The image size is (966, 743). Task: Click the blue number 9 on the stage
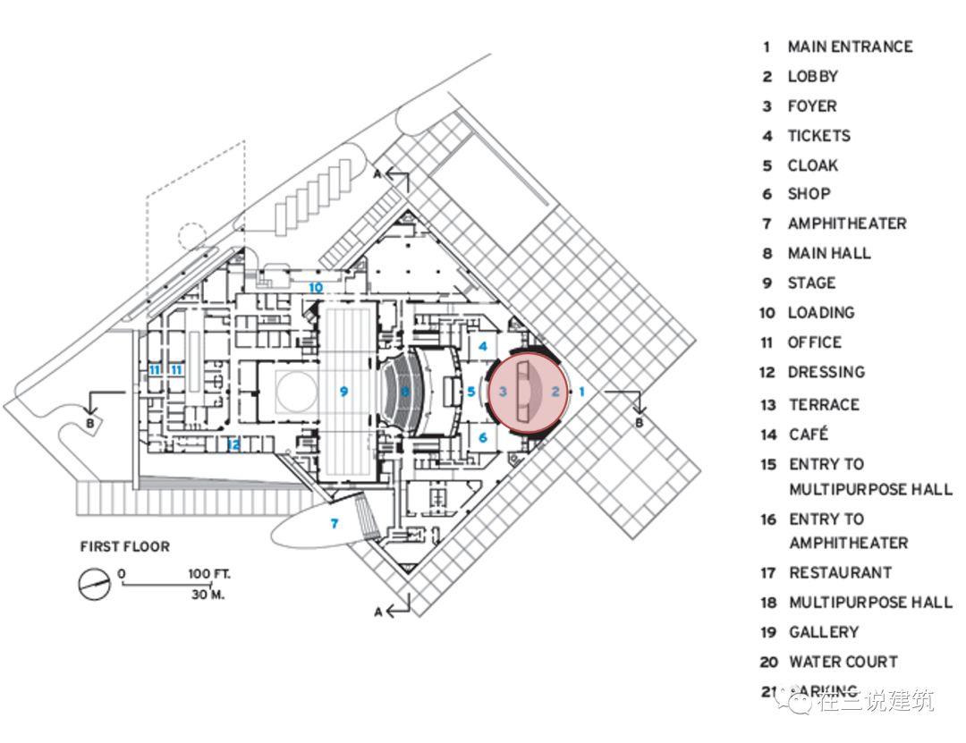point(343,391)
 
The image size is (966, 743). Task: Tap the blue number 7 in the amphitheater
point(335,523)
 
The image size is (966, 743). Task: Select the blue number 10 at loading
point(316,287)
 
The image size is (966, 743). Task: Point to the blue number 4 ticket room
point(483,345)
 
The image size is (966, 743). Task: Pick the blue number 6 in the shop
point(483,437)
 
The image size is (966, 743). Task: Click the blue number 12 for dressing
point(234,444)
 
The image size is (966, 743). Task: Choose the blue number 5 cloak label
point(471,391)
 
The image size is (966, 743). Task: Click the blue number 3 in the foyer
point(503,391)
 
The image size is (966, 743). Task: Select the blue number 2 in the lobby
point(555,391)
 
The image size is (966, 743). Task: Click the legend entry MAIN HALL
point(828,253)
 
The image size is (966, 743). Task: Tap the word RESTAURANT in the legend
point(840,572)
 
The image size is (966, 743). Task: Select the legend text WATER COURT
point(843,662)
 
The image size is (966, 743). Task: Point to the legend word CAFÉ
point(808,435)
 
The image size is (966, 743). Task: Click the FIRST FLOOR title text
point(124,546)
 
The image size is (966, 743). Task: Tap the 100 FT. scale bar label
point(208,574)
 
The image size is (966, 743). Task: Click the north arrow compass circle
point(94,585)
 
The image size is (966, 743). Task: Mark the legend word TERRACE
point(823,405)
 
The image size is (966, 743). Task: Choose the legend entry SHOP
point(809,194)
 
